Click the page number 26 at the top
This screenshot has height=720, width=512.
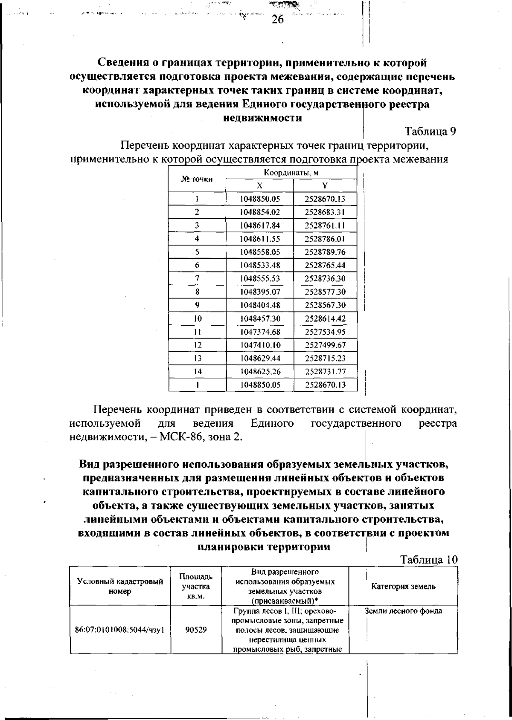277,20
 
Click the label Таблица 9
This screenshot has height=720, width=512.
430,132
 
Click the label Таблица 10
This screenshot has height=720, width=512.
428,560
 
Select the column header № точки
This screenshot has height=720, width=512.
197,179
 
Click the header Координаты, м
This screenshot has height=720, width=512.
291,173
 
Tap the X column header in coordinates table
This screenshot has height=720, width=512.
259,186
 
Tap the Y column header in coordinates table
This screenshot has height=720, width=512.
325,186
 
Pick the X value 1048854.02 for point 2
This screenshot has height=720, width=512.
259,212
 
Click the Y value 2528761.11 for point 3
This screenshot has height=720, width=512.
325,226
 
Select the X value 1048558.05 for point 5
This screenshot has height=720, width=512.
259,252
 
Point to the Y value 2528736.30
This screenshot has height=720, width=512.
325,279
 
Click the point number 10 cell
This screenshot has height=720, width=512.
197,318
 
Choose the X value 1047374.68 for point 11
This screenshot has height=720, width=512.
259,332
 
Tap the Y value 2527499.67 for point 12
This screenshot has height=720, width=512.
325,345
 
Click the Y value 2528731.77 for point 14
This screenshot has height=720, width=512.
325,372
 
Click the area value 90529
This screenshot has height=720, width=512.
196,629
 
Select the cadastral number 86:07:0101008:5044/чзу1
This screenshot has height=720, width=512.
120,629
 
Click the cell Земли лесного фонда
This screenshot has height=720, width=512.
403,611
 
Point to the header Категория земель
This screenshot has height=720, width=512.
403,586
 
